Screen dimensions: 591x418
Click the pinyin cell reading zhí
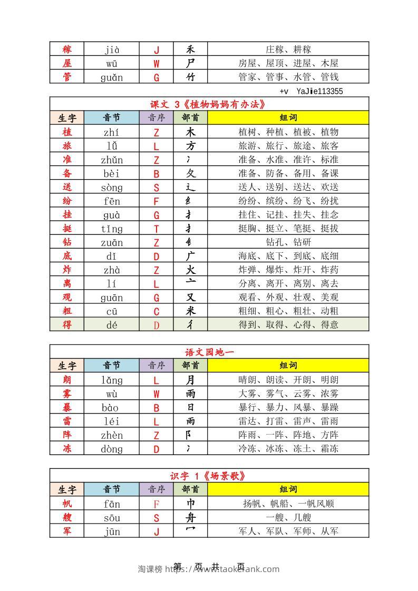pyautogui.click(x=111, y=132)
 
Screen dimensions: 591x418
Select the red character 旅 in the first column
pyautogui.click(x=67, y=146)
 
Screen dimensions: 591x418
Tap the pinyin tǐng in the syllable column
pyautogui.click(x=111, y=229)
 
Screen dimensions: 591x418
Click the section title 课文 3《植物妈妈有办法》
pyautogui.click(x=209, y=104)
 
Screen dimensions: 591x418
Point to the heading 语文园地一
pyautogui.click(x=209, y=352)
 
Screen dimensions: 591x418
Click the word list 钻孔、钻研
pyautogui.click(x=288, y=242)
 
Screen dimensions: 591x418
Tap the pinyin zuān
pyautogui.click(x=111, y=242)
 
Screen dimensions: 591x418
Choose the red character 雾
pyautogui.click(x=67, y=393)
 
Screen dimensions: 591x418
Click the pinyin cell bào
pyautogui.click(x=111, y=408)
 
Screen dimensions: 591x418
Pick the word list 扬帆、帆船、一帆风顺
pyautogui.click(x=288, y=504)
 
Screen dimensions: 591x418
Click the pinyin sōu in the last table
pyautogui.click(x=111, y=518)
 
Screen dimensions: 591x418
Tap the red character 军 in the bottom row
pyautogui.click(x=67, y=531)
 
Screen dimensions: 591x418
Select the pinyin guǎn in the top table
pyautogui.click(x=111, y=77)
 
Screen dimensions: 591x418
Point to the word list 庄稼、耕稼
pyautogui.click(x=288, y=50)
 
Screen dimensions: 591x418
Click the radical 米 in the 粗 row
pyautogui.click(x=190, y=311)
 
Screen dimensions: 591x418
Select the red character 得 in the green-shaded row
pyautogui.click(x=67, y=325)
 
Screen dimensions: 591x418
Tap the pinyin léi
pyautogui.click(x=111, y=421)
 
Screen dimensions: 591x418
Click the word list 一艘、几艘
pyautogui.click(x=288, y=518)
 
